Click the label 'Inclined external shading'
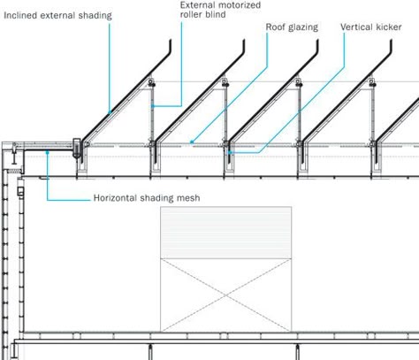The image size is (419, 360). pos(57,15)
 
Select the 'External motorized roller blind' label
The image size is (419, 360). pos(220,10)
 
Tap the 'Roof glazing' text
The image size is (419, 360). pos(292,27)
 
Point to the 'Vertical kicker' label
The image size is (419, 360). pos(371,27)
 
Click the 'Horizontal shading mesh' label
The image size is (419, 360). pos(147,197)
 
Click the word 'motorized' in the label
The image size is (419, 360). pos(240,5)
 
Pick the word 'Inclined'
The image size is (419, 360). pos(20,15)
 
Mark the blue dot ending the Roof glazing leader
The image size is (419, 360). pos(192,142)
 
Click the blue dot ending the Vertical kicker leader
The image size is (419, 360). pos(230,152)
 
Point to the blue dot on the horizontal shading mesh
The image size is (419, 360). pos(47,152)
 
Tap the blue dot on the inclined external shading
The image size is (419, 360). pos(110,112)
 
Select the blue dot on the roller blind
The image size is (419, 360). pos(153,106)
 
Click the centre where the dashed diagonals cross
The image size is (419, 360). pos(226,295)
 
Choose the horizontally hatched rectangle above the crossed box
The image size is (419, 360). pos(226,233)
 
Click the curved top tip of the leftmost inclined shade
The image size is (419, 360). pos(171,41)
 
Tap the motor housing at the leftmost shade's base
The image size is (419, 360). pos(77,149)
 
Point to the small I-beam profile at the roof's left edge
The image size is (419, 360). pos(14,157)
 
